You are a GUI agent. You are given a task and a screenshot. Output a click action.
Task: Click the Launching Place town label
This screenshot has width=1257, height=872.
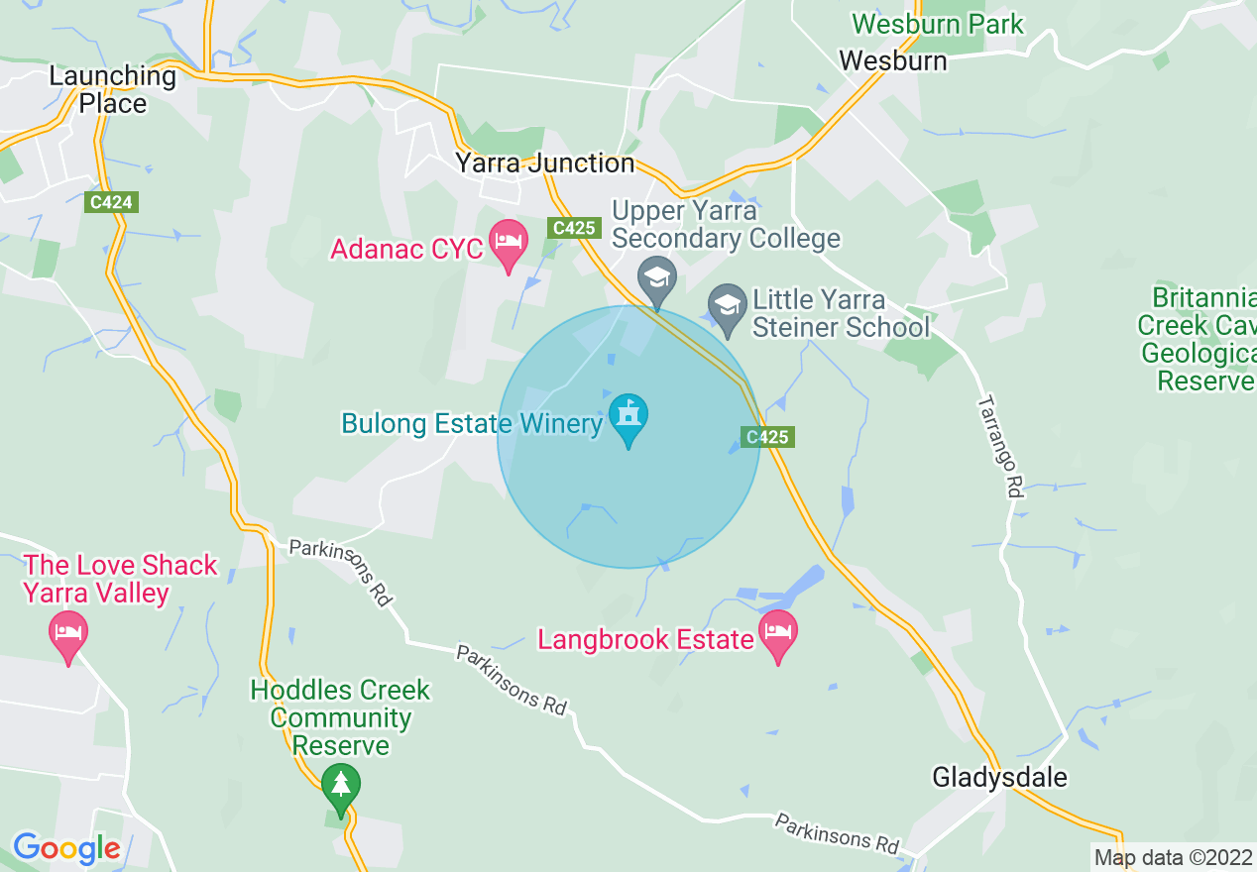pyautogui.click(x=112, y=89)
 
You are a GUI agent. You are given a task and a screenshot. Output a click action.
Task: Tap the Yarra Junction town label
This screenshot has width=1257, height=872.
pyautogui.click(x=544, y=163)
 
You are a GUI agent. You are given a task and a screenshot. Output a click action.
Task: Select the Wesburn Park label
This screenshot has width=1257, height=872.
pyautogui.click(x=937, y=24)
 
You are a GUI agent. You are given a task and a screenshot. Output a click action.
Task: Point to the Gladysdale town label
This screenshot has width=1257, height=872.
pyautogui.click(x=999, y=777)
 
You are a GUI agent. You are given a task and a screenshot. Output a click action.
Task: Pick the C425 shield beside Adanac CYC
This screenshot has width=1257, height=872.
pyautogui.click(x=574, y=229)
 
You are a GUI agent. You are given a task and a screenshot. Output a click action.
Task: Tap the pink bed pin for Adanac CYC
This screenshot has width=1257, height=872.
pyautogui.click(x=509, y=246)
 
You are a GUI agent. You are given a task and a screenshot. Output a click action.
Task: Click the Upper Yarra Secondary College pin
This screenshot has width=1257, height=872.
pyautogui.click(x=656, y=280)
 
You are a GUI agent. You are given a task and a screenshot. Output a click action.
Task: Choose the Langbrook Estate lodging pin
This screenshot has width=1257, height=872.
pyautogui.click(x=778, y=634)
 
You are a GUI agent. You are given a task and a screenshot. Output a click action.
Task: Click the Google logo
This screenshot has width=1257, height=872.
pyautogui.click(x=66, y=848)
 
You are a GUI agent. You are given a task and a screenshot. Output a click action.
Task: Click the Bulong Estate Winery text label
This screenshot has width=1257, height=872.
pyautogui.click(x=472, y=424)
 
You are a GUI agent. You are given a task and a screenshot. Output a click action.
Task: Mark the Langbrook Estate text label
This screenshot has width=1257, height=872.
pyautogui.click(x=645, y=639)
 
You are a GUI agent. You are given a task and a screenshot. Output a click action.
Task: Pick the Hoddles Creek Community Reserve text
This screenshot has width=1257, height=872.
pyautogui.click(x=340, y=717)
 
